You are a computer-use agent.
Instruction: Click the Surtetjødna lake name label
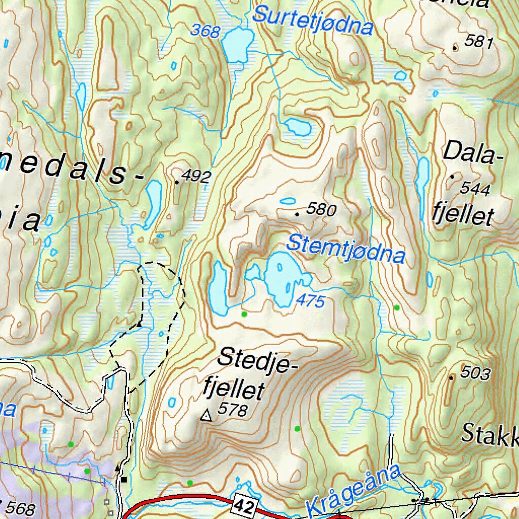click(x=313, y=20)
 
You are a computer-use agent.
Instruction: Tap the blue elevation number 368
click(x=205, y=31)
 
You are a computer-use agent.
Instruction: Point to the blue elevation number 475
click(x=310, y=301)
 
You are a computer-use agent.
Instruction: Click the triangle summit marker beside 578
click(x=206, y=416)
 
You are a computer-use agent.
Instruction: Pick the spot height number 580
click(x=321, y=209)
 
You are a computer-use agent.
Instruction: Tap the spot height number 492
click(x=196, y=176)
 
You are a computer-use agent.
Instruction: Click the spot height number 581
click(x=478, y=42)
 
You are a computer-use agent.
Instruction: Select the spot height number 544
click(x=475, y=189)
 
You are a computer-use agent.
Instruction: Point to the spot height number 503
click(x=475, y=374)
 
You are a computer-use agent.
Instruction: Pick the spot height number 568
click(x=21, y=508)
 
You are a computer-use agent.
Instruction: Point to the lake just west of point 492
click(x=152, y=203)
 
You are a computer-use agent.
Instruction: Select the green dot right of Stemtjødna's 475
click(x=396, y=308)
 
